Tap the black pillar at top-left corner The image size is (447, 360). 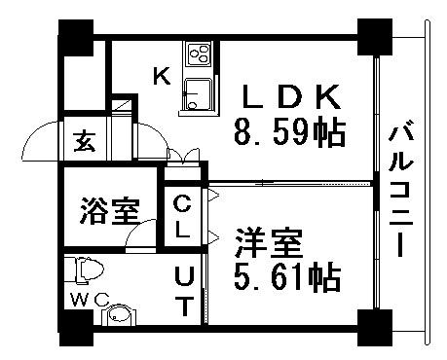[78, 37]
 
